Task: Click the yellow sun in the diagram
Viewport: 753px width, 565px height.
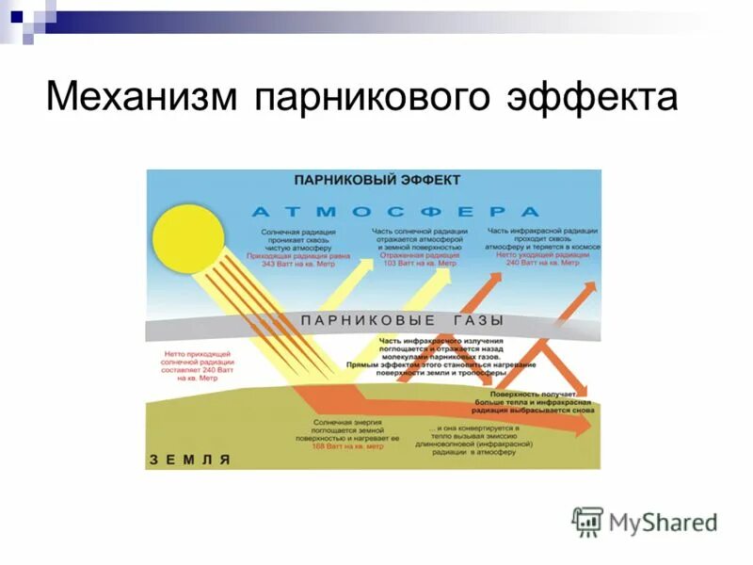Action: click(188, 238)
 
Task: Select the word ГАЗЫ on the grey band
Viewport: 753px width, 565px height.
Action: click(472, 320)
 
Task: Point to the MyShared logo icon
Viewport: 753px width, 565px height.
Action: click(587, 521)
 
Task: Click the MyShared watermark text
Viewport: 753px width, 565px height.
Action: click(663, 522)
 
